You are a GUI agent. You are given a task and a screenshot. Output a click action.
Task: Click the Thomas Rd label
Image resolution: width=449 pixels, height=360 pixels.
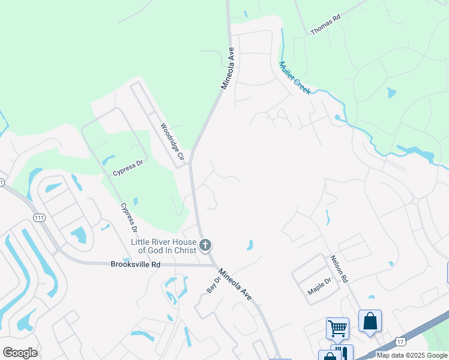tap(325, 25)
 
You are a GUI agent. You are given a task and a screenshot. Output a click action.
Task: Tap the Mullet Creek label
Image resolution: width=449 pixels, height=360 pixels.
tap(294, 77)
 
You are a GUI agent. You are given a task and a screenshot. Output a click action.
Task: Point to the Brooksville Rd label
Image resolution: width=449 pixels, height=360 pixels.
tap(136, 264)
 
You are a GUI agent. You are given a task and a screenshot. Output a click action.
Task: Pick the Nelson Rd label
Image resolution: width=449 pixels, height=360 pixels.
tap(337, 269)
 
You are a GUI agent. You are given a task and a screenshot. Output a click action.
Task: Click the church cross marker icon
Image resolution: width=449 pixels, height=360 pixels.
tap(205, 245)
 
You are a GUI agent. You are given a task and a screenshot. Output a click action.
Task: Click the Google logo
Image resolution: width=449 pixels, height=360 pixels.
tap(20, 353)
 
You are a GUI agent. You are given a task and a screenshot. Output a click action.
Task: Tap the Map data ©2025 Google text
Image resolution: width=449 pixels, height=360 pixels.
tap(412, 355)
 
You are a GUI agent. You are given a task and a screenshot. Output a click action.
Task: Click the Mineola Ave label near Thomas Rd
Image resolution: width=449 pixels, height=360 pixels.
tap(230, 68)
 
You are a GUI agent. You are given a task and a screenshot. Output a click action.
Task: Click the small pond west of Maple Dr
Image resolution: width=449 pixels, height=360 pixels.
tap(249, 245)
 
